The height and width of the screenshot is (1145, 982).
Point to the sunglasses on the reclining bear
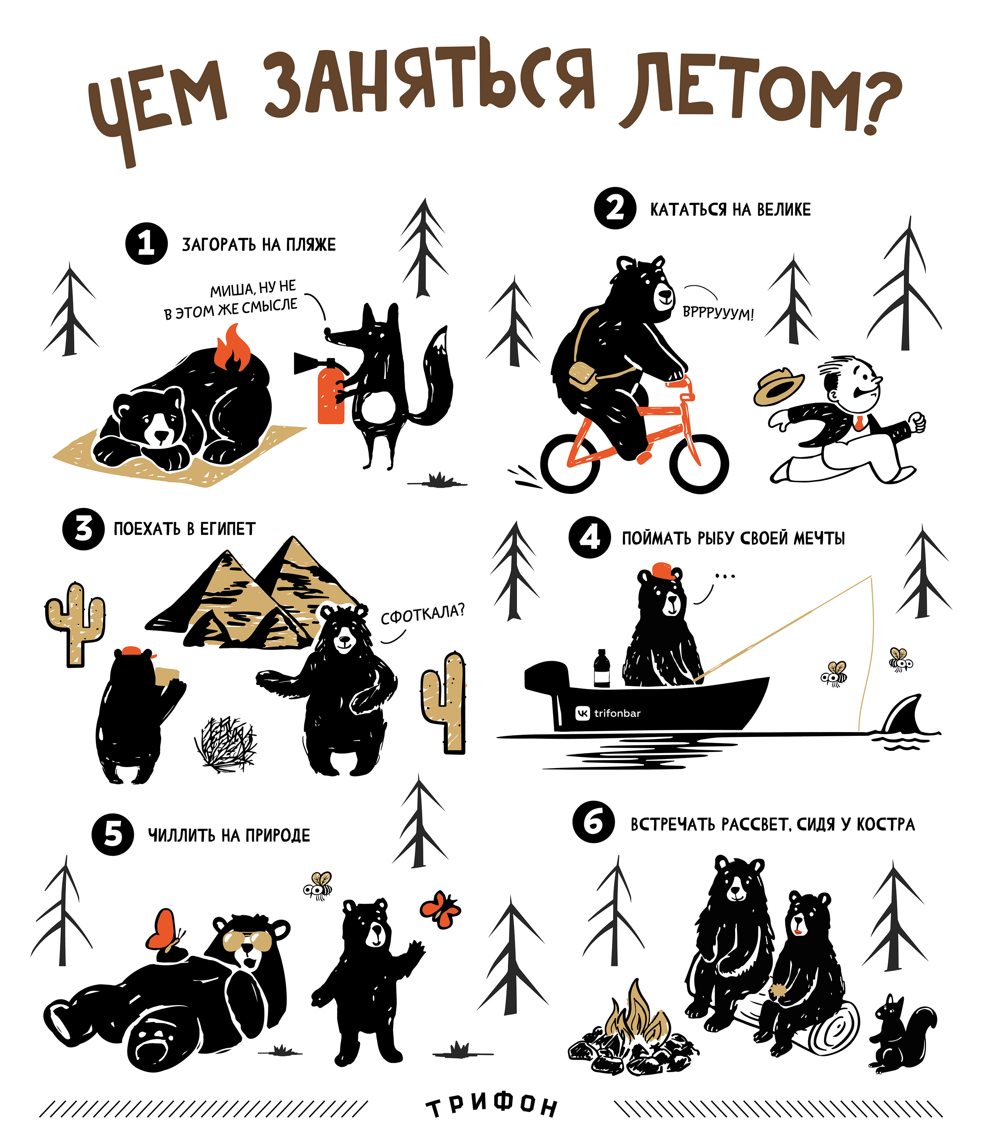point(246,940)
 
